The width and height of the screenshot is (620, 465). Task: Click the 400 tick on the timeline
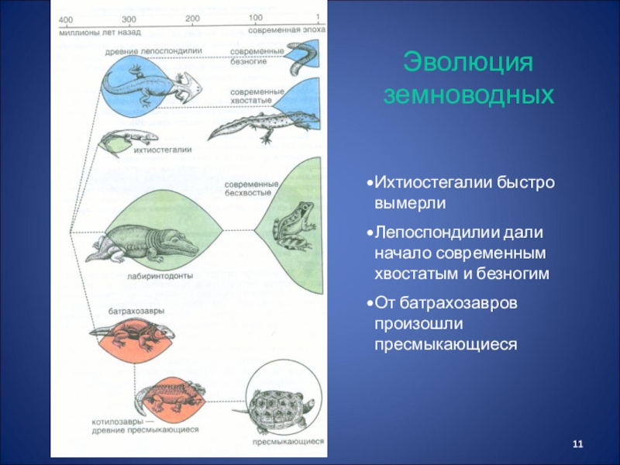[x=66, y=19]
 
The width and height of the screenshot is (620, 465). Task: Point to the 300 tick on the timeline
[x=129, y=19]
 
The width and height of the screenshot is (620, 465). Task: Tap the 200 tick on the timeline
[x=193, y=19]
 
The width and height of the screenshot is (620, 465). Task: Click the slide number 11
[x=576, y=443]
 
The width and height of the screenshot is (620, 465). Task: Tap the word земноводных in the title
[x=470, y=95]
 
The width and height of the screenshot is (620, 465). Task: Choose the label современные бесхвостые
[x=246, y=189]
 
